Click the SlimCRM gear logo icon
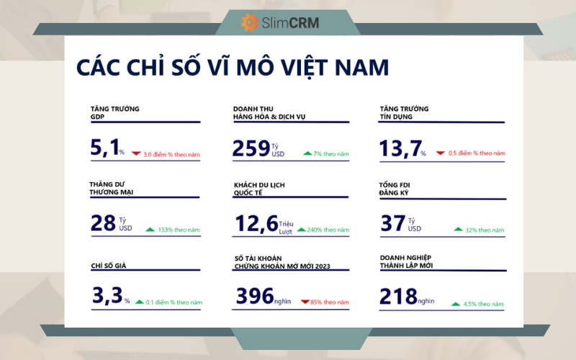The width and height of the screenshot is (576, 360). coord(249,22)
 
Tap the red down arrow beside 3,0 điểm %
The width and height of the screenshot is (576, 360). coord(135,153)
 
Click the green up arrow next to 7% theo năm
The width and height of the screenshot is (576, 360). coord(307,153)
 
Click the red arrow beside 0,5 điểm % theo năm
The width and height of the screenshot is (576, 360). coord(440,153)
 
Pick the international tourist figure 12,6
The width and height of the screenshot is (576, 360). coord(256,223)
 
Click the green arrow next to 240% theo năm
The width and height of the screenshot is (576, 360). coord(301,230)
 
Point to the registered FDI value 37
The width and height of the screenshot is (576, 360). coord(393,223)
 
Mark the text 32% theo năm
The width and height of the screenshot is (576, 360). coord(485,230)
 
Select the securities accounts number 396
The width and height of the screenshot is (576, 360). coord(254,295)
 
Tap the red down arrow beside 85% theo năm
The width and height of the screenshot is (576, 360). coord(305,302)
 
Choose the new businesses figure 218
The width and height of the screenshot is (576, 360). coord(397,295)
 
